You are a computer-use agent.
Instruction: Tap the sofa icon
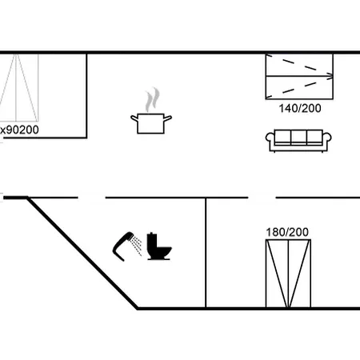coord(298,141)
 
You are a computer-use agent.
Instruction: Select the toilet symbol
coord(159,246)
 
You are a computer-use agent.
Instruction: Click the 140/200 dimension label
coord(300,109)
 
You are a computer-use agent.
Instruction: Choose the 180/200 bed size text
coord(287,232)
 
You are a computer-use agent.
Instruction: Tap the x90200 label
coord(19,130)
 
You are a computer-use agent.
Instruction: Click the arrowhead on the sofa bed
coord(330,76)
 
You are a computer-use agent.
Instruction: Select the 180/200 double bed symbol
coord(288,274)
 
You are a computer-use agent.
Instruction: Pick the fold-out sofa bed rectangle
coord(299,77)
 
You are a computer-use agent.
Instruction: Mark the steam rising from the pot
coord(153,99)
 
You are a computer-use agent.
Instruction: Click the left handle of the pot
coord(134,118)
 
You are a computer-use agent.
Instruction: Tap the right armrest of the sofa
coord(327,138)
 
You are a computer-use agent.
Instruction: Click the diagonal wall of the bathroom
coord(82,254)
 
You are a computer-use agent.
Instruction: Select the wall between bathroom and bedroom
coord(206,253)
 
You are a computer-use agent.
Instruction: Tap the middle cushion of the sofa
coord(298,137)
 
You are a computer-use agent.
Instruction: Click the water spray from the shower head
coord(137,246)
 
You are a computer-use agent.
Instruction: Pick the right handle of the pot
coord(168,118)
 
